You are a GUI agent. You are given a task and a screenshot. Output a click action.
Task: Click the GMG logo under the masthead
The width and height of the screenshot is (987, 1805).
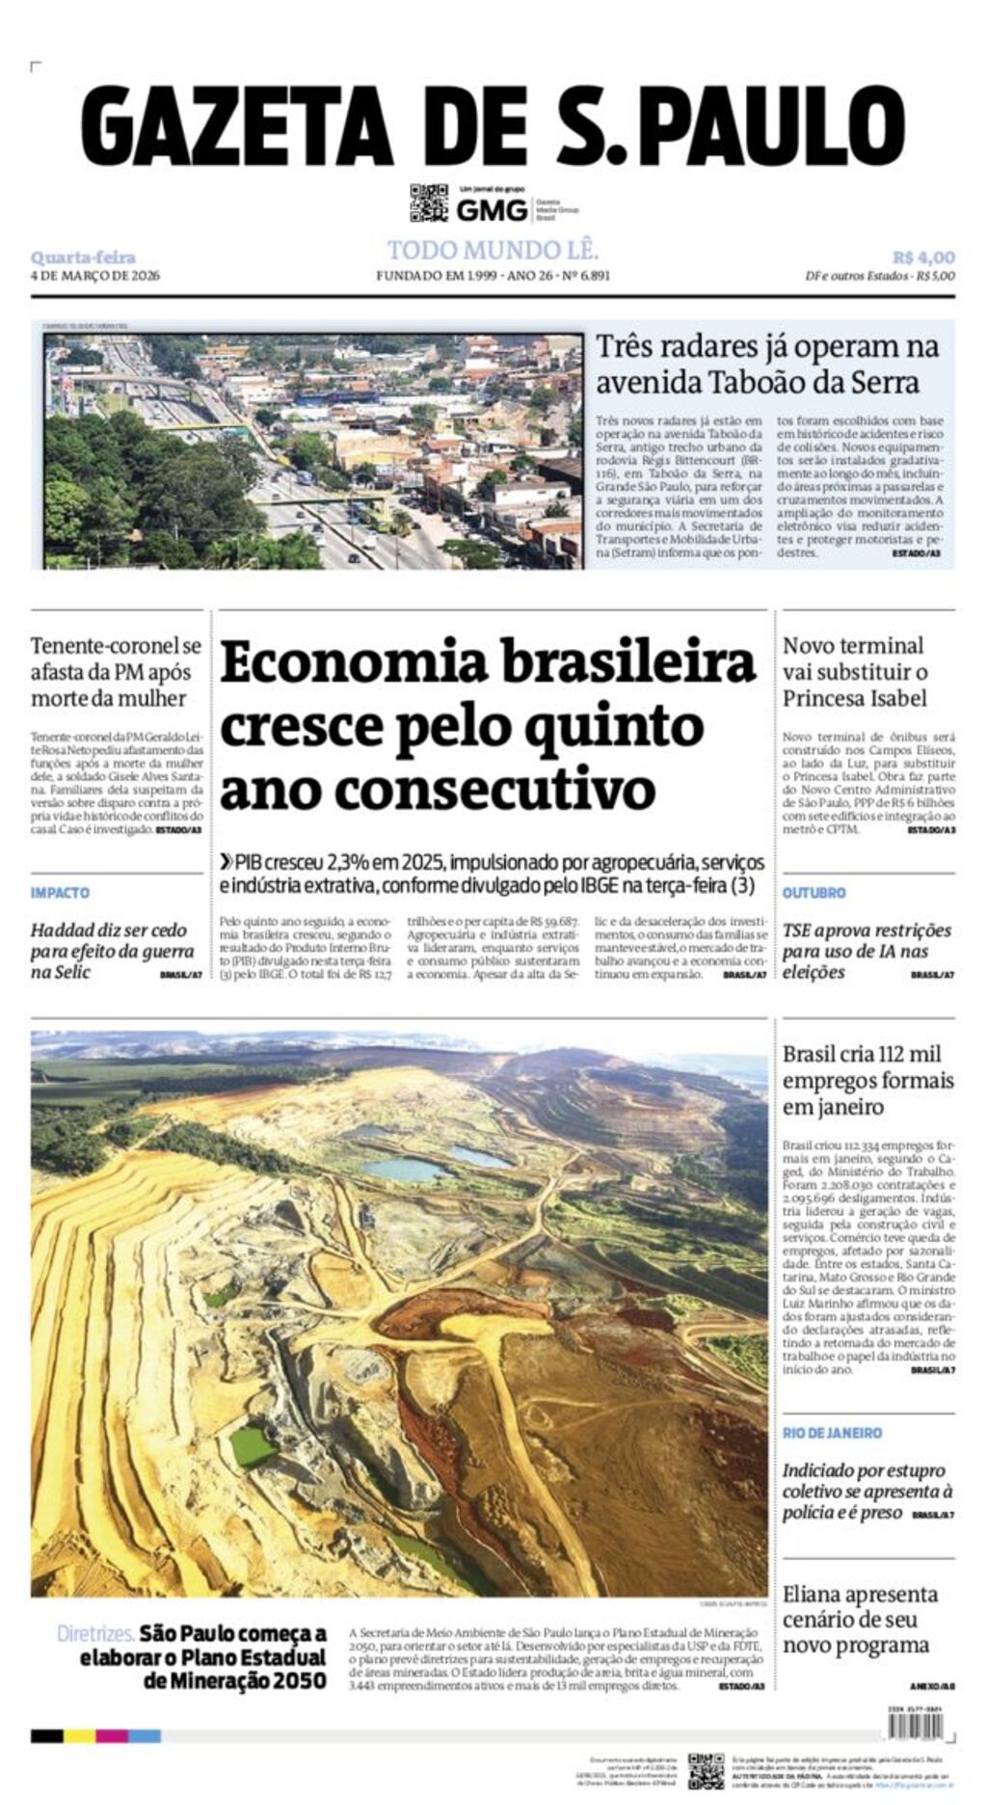492,209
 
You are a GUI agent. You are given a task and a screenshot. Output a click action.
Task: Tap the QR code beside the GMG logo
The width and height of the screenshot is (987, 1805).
429,202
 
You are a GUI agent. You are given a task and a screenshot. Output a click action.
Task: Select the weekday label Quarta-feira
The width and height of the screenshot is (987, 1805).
83,257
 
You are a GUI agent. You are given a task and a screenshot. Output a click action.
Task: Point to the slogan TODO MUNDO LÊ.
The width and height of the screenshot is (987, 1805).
493,251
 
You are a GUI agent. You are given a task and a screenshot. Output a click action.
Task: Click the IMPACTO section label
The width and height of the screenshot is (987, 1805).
60,893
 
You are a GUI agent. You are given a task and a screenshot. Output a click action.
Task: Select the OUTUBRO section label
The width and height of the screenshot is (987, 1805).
814,893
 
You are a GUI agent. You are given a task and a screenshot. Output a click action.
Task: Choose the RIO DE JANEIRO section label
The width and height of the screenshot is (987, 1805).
832,1433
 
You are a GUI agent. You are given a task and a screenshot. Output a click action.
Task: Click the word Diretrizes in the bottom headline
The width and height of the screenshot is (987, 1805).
94,1633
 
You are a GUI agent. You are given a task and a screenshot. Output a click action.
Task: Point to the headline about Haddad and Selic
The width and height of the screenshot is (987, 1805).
111,951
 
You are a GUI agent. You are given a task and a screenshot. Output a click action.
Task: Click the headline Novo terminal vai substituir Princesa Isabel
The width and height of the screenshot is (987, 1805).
854,672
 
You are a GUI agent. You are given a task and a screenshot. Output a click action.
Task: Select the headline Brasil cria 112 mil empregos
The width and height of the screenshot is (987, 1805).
867,1080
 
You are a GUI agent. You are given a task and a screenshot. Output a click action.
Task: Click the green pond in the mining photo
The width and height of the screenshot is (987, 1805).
253,1446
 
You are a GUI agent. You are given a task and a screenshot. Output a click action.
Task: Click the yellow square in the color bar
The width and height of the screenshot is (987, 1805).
80,1736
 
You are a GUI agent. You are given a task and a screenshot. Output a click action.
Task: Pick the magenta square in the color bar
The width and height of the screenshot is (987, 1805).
112,1736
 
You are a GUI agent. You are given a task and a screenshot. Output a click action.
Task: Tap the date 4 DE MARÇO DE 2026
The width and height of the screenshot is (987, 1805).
94,276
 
